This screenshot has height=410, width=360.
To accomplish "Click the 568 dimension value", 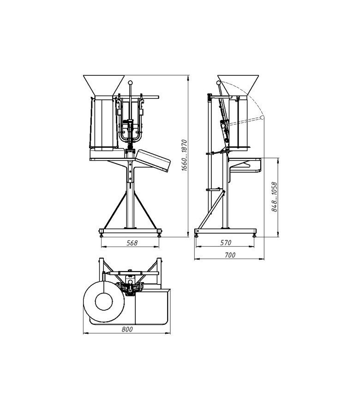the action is click(x=132, y=243).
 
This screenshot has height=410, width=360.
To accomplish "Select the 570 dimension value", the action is click(x=226, y=243).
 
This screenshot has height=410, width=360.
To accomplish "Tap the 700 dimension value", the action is click(x=230, y=255).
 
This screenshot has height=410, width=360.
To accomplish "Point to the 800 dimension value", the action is click(x=127, y=329).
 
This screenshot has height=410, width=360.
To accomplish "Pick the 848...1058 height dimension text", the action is click(x=274, y=197).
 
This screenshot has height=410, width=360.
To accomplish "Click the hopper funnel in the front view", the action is click(x=104, y=85).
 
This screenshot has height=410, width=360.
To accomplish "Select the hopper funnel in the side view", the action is click(x=238, y=85).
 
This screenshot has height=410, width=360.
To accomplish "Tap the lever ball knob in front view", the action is click(x=131, y=83).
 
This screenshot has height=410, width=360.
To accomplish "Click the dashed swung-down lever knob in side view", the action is click(x=262, y=117).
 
